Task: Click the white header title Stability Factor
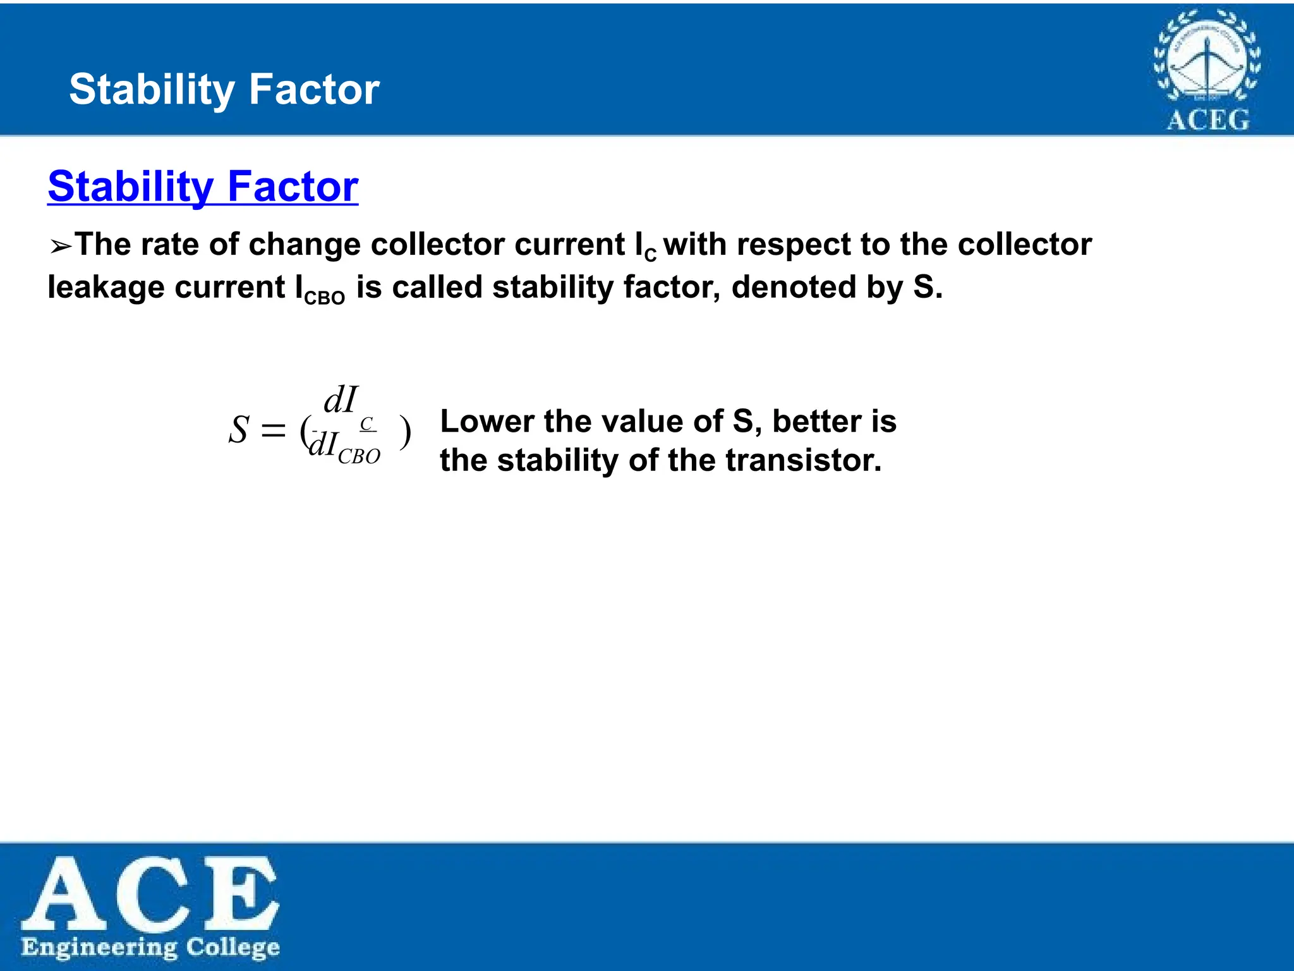[x=224, y=89]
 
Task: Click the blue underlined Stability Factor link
[x=203, y=186]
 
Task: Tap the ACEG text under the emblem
[x=1207, y=119]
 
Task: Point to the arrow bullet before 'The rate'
[x=61, y=247]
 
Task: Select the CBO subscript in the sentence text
[x=325, y=298]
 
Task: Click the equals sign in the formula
[x=274, y=432]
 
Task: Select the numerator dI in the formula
[x=341, y=400]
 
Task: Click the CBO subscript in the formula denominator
[x=359, y=456]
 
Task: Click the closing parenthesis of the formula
[x=406, y=433]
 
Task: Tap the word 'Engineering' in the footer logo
[x=99, y=948]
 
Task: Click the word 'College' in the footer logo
[x=233, y=948]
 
